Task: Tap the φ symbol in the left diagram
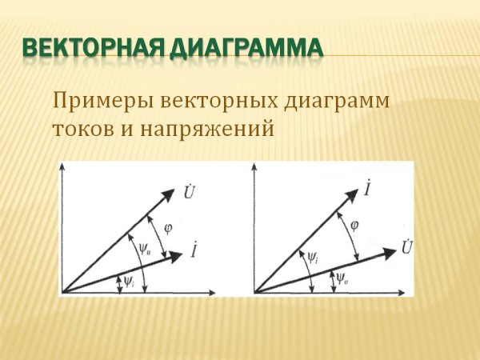point(167,228)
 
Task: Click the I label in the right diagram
point(366,190)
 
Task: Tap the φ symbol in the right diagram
point(354,225)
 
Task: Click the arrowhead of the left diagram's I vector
point(178,257)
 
